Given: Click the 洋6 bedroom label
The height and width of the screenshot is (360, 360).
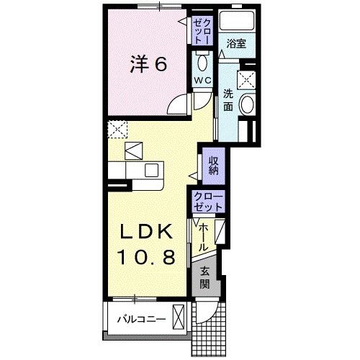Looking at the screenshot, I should pyautogui.click(x=150, y=66).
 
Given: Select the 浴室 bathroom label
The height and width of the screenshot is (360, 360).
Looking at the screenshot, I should pyautogui.click(x=236, y=44).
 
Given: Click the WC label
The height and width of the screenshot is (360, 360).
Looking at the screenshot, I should pyautogui.click(x=201, y=81).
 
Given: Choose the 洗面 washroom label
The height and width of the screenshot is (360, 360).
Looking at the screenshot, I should pyautogui.click(x=228, y=99).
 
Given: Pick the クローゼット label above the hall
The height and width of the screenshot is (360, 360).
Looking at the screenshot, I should pyautogui.click(x=208, y=201).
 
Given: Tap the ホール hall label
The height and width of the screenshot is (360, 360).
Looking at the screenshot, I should pyautogui.click(x=204, y=235).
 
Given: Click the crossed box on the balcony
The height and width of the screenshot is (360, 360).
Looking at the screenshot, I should pyautogui.click(x=178, y=318).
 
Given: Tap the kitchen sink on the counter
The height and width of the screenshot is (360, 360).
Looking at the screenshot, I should pyautogui.click(x=151, y=170).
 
